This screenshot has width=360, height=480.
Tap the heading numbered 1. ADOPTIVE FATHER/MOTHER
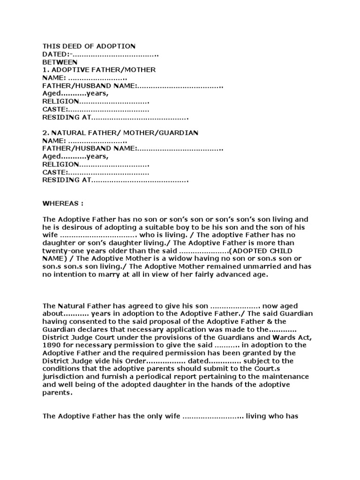pos(99,70)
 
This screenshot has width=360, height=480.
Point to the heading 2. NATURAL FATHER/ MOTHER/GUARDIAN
pos(120,133)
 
